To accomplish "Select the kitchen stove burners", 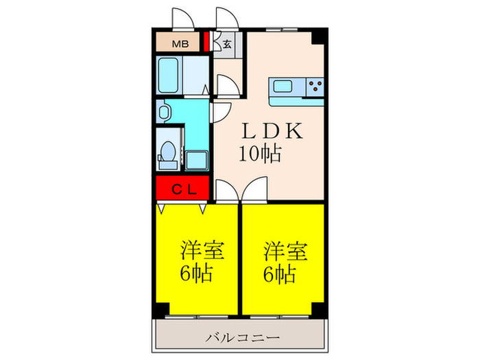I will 315,87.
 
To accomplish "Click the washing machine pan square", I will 198,160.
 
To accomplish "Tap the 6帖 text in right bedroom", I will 281,274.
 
